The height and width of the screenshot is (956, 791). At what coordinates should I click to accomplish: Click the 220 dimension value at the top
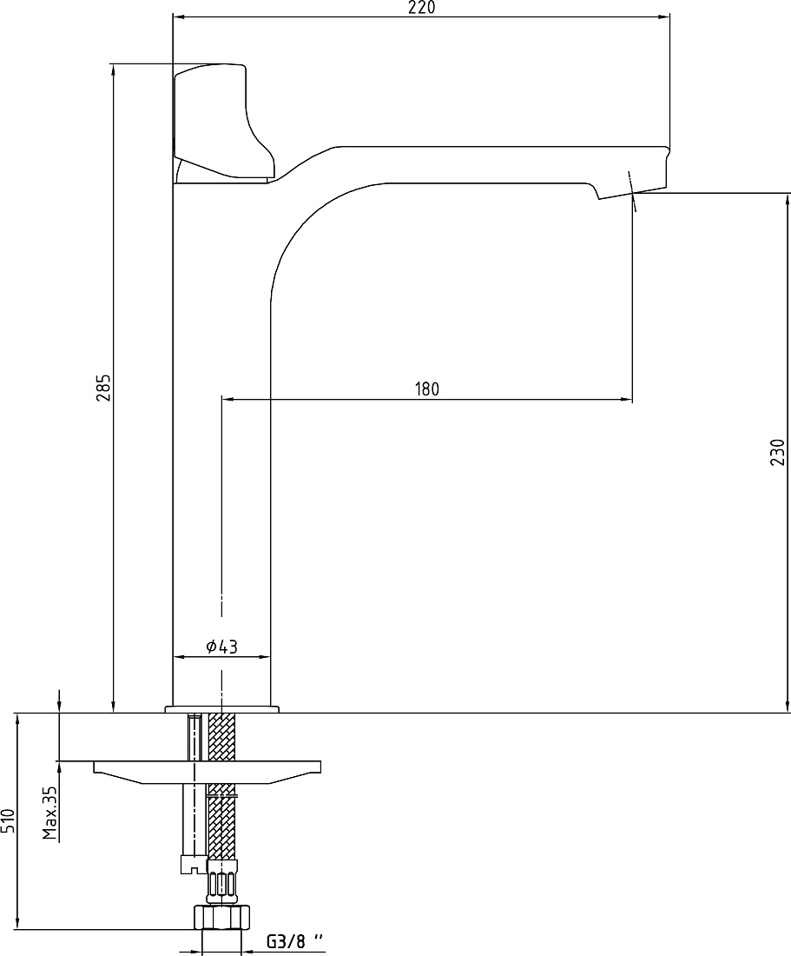(421, 8)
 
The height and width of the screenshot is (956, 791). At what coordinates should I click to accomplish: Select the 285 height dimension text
(104, 387)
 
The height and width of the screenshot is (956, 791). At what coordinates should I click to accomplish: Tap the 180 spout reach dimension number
(427, 389)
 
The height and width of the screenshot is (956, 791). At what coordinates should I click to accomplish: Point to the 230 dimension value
(778, 452)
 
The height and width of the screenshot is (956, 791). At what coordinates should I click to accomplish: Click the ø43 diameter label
(221, 647)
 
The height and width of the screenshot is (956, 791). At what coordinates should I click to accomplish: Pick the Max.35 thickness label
(50, 813)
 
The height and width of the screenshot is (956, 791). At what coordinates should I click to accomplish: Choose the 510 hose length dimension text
(7, 822)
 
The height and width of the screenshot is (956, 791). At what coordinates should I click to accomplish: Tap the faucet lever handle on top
(225, 122)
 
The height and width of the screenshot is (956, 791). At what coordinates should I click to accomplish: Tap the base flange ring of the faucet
(221, 709)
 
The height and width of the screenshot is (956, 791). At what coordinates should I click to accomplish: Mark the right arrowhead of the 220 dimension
(665, 17)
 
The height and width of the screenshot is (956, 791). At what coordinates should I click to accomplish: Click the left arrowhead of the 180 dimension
(227, 400)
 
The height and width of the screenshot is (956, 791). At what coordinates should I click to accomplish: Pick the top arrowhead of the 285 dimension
(113, 69)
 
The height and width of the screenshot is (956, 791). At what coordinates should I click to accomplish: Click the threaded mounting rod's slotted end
(194, 865)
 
